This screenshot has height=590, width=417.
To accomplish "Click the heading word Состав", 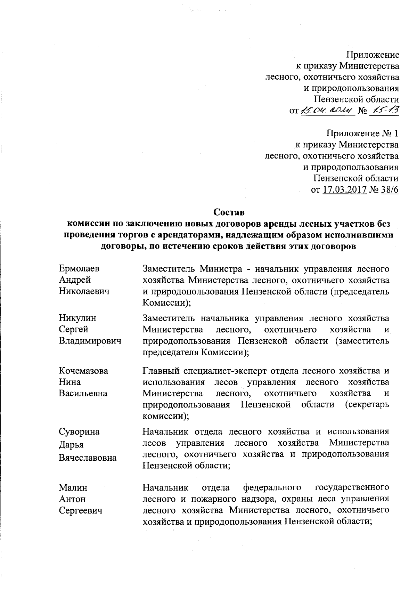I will (229, 212).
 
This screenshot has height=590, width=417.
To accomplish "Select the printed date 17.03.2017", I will (345, 190).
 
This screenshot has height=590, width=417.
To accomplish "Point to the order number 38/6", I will (390, 190).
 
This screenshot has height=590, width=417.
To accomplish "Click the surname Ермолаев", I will (79, 268).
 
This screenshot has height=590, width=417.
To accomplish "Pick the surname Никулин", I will (77, 318).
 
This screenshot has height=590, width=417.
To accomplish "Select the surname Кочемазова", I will (83, 371).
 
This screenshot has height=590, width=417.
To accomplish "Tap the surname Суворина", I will (79, 431).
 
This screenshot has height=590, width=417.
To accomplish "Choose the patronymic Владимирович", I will (90, 341).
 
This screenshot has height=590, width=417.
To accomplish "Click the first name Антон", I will (72, 499).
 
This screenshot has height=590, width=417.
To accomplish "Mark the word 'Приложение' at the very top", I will (373, 55).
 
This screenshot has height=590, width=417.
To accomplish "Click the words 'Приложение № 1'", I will (362, 134).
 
